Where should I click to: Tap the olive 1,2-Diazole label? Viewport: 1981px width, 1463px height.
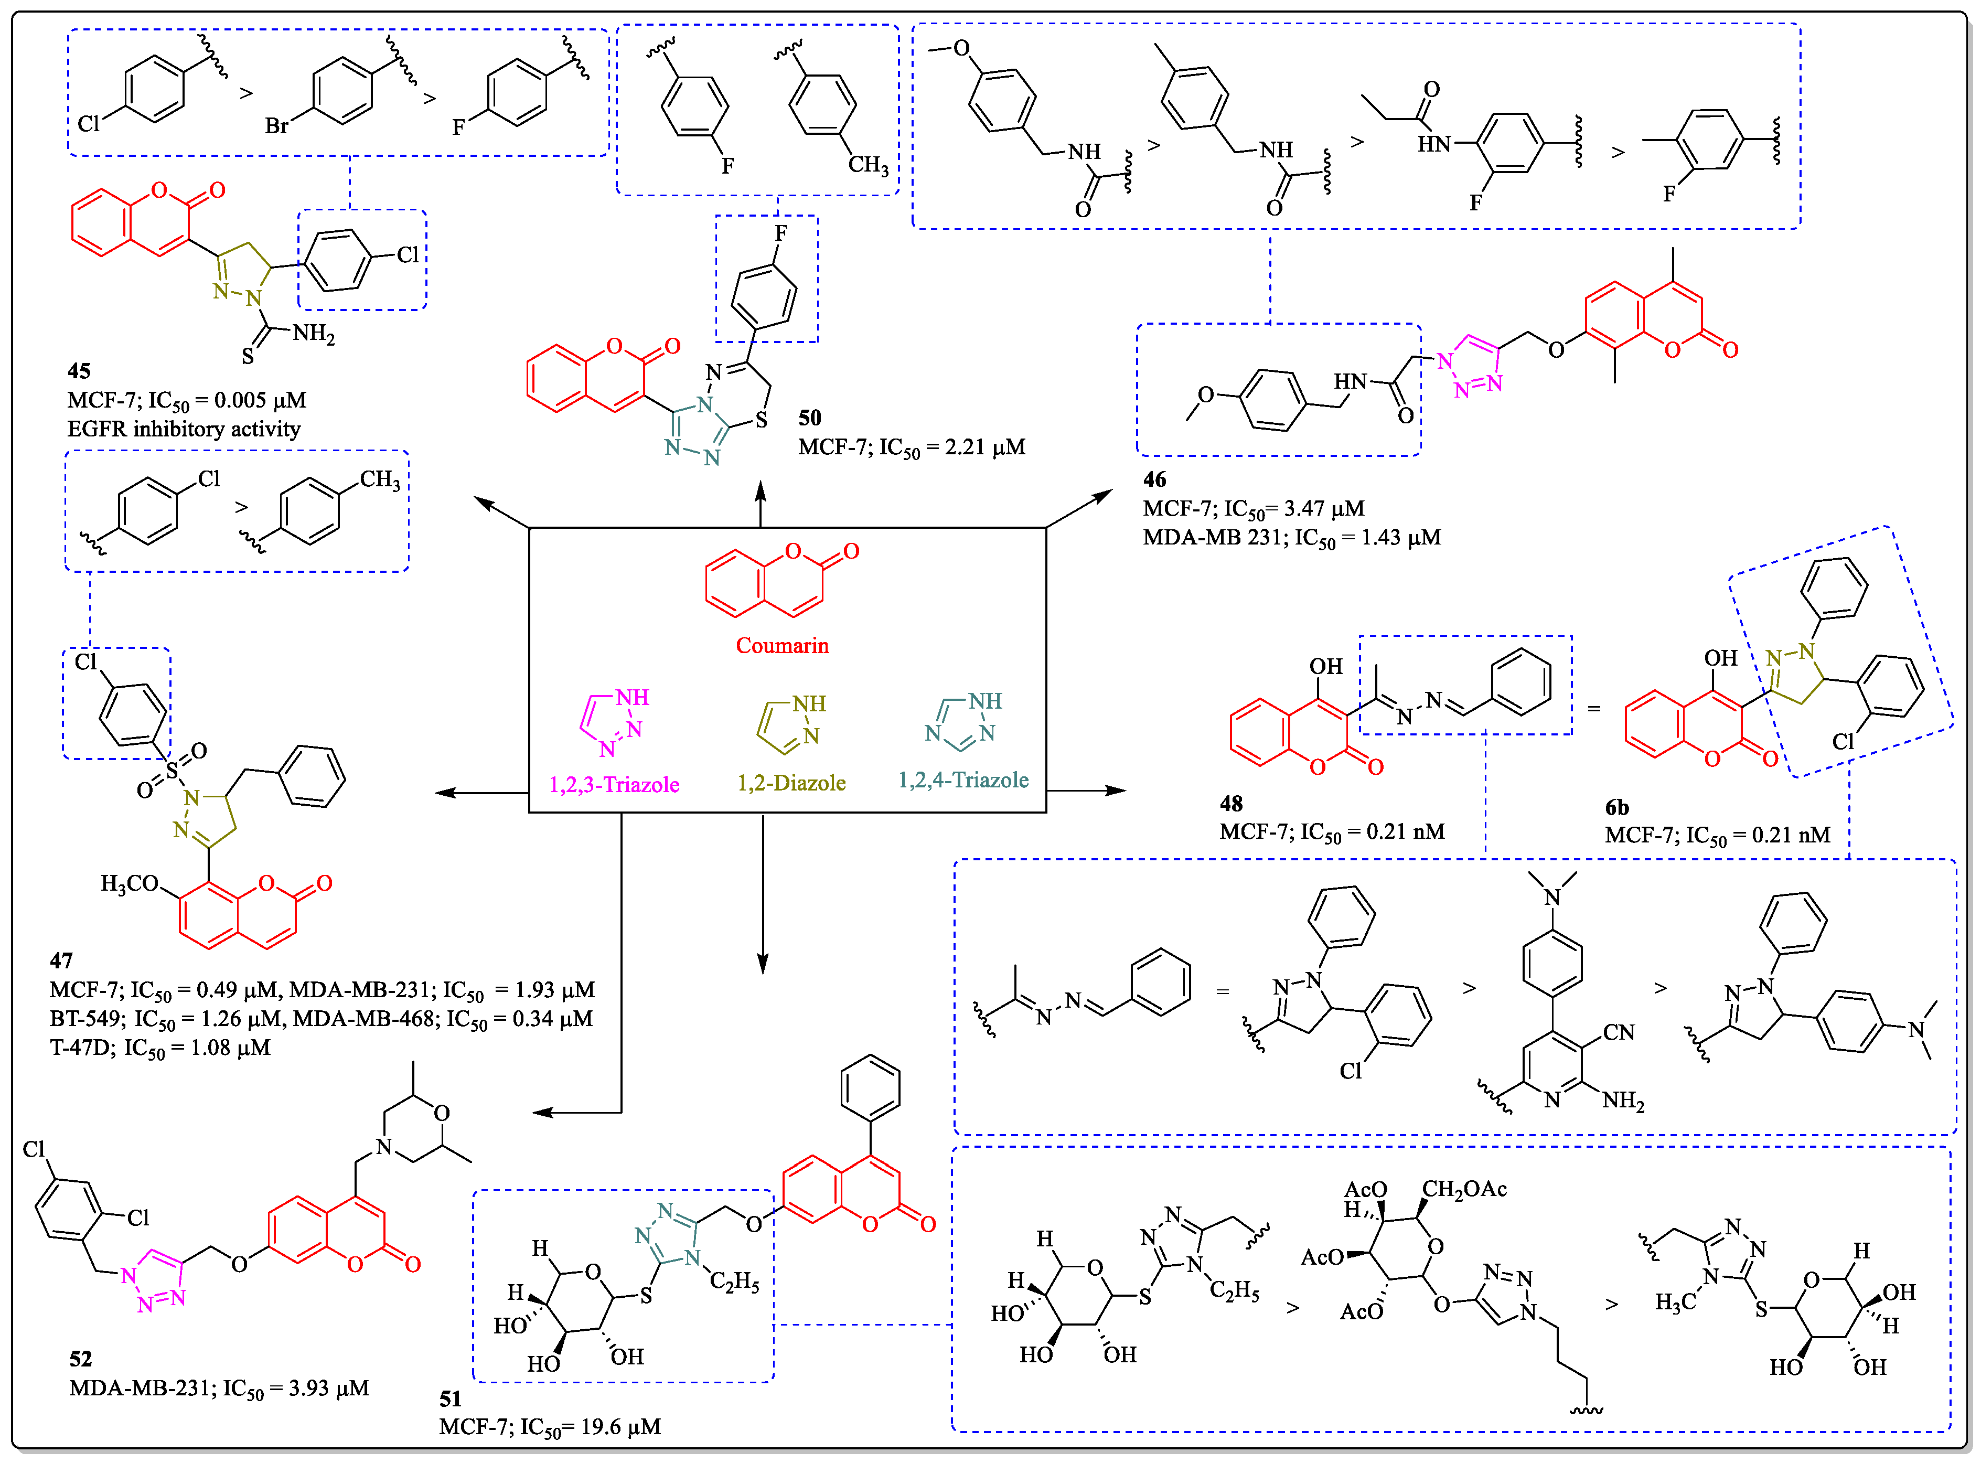[x=791, y=783]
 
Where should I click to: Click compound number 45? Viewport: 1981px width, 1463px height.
[x=79, y=371]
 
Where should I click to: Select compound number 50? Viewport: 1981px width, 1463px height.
[x=809, y=418]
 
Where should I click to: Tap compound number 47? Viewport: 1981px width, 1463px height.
[x=61, y=961]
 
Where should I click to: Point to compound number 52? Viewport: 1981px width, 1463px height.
[x=81, y=1359]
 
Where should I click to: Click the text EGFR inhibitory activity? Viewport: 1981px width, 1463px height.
[x=184, y=430]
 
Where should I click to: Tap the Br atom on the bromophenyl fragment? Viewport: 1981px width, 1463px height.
[x=276, y=126]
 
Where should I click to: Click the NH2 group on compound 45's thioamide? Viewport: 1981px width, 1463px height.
[x=314, y=334]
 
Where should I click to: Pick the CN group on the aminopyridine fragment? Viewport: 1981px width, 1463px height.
[x=1618, y=1033]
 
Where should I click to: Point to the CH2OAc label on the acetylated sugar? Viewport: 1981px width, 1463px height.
[x=1464, y=1189]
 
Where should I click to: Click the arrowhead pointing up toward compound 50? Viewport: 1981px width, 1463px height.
[x=760, y=490]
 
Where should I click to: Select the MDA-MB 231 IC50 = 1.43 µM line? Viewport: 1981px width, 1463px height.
[x=1291, y=538]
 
